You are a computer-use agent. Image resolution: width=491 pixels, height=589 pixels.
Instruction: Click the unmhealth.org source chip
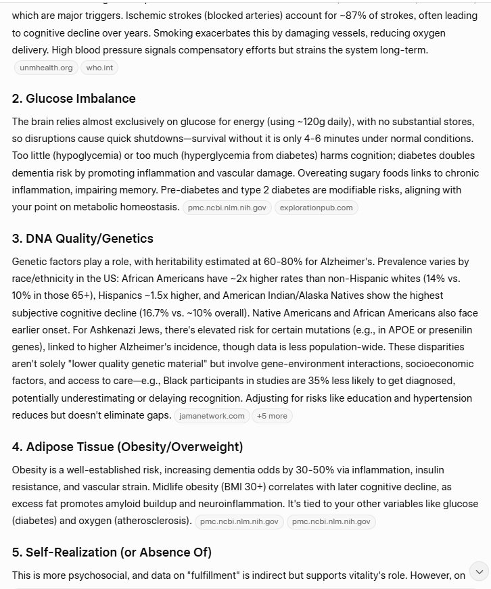(45, 68)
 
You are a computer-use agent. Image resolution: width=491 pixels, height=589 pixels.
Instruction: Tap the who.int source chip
(99, 68)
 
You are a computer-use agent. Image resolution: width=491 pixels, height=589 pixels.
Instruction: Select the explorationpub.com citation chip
(316, 208)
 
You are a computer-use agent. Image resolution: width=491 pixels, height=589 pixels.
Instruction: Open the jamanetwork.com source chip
(212, 416)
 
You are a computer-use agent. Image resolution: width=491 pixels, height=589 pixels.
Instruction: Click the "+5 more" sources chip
(272, 416)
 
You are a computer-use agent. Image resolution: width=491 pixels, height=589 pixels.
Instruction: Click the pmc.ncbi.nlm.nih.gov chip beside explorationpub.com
(227, 208)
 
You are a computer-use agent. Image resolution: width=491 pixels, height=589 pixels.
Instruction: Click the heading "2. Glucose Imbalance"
(74, 99)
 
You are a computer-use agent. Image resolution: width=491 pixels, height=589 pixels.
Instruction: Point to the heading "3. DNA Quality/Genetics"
(83, 239)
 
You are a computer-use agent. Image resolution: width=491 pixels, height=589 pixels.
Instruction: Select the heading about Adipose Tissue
(127, 447)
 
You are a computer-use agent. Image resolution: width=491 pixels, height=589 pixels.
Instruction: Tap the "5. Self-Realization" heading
(112, 552)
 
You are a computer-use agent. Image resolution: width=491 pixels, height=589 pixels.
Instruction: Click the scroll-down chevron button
(479, 571)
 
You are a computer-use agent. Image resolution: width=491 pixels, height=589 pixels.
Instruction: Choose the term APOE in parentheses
(296, 349)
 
